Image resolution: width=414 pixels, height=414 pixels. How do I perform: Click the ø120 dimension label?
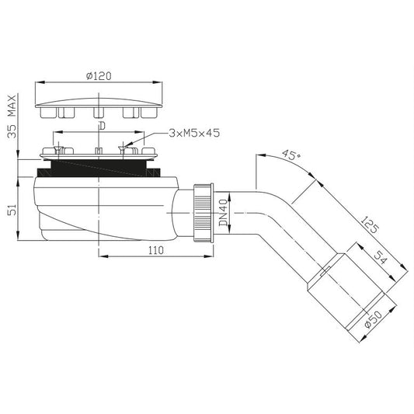click(99, 76)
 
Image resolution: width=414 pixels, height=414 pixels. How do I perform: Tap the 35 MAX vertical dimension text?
click(12, 117)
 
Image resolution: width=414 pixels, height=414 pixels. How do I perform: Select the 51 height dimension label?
click(12, 210)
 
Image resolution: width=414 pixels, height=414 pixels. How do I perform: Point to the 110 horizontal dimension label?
click(156, 250)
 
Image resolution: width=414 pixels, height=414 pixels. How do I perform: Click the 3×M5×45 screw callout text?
click(194, 133)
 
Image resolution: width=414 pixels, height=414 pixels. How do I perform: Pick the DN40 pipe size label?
click(224, 213)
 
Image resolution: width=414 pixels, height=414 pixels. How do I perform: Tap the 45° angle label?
click(291, 155)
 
